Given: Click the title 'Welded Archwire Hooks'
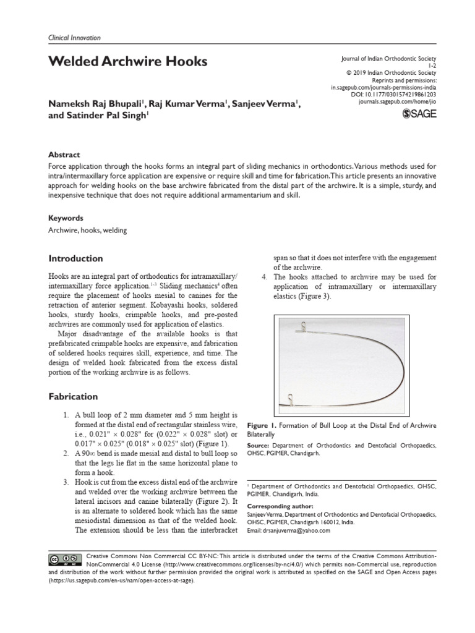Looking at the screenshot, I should [128, 62].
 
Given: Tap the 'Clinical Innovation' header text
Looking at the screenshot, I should [74, 38].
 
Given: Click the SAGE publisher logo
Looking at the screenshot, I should [419, 113].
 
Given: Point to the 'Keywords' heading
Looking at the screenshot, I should [66, 218].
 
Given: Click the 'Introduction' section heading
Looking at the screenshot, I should [75, 258].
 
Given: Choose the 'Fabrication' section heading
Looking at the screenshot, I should [74, 396].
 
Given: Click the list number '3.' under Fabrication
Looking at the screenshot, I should [67, 482].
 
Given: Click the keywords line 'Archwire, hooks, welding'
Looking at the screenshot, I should [87, 231].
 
